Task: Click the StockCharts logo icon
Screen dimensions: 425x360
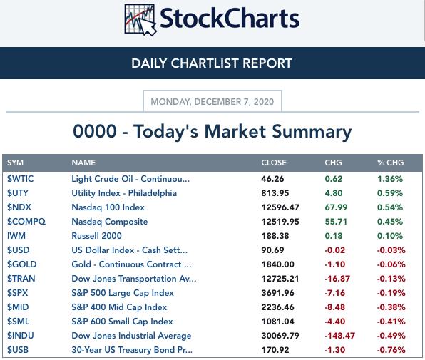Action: (x=140, y=20)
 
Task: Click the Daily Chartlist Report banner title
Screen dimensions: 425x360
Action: (x=212, y=63)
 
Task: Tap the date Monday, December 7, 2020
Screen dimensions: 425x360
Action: (x=212, y=101)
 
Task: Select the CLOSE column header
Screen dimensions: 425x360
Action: (x=274, y=163)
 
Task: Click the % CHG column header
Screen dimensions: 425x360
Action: (x=390, y=163)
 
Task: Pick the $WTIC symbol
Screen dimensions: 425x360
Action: (x=21, y=179)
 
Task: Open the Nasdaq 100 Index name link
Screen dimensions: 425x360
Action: (x=108, y=207)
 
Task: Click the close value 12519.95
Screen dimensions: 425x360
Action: (x=280, y=222)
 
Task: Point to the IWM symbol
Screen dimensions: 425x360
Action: (x=16, y=236)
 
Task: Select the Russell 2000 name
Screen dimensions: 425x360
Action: (x=96, y=236)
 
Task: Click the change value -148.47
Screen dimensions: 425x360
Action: (x=340, y=336)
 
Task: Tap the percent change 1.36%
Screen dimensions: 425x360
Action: (x=390, y=179)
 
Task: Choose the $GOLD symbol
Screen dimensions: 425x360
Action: (x=21, y=264)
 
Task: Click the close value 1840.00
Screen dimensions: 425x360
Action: (x=277, y=264)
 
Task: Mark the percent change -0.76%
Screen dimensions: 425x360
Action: (x=391, y=350)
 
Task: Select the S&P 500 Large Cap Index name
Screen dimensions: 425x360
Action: (x=123, y=293)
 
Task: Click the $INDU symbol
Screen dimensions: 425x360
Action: (x=21, y=336)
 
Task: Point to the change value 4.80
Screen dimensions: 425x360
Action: (x=334, y=193)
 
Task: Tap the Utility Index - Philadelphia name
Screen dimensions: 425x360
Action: (x=124, y=193)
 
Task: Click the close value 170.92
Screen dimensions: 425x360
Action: (x=275, y=350)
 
